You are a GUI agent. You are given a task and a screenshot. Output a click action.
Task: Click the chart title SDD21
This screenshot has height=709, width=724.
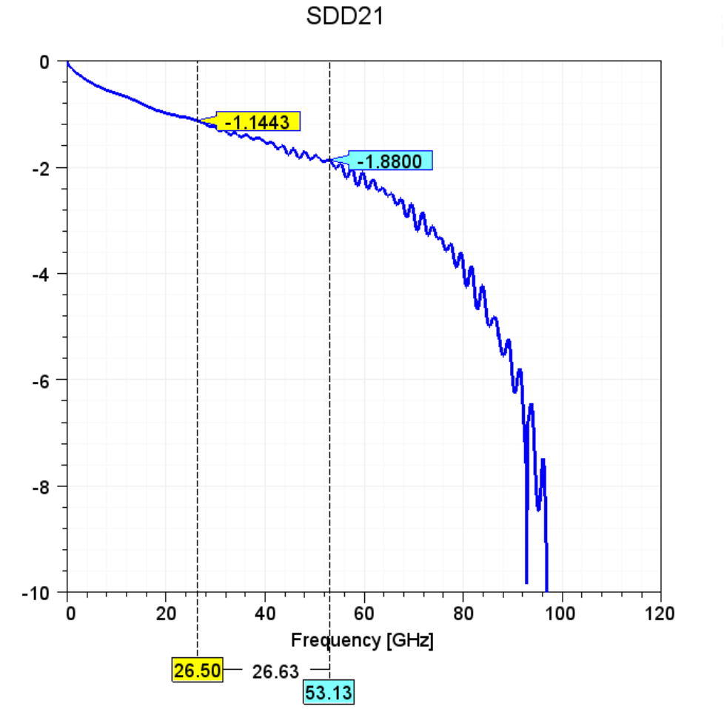click(345, 17)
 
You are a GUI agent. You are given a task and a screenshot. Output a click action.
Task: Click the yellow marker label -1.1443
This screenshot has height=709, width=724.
click(256, 122)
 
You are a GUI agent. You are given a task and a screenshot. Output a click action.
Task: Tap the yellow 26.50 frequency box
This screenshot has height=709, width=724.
click(197, 671)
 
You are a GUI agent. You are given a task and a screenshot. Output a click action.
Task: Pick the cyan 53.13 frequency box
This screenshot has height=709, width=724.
click(329, 692)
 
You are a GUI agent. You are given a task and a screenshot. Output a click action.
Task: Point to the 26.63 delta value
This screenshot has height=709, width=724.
click(275, 671)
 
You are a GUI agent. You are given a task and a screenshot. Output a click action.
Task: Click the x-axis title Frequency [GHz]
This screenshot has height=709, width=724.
click(362, 639)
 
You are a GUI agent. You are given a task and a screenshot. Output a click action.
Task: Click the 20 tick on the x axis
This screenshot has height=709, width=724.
click(166, 614)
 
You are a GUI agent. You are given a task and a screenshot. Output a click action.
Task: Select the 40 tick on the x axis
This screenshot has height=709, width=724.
click(265, 614)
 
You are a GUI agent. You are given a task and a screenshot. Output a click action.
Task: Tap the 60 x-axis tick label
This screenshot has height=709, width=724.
click(363, 614)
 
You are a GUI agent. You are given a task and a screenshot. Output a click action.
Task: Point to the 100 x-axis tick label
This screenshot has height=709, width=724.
click(561, 614)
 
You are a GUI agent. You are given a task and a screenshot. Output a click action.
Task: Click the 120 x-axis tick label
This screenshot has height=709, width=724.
click(660, 614)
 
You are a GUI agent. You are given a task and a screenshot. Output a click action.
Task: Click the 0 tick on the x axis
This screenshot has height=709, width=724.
click(70, 614)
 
